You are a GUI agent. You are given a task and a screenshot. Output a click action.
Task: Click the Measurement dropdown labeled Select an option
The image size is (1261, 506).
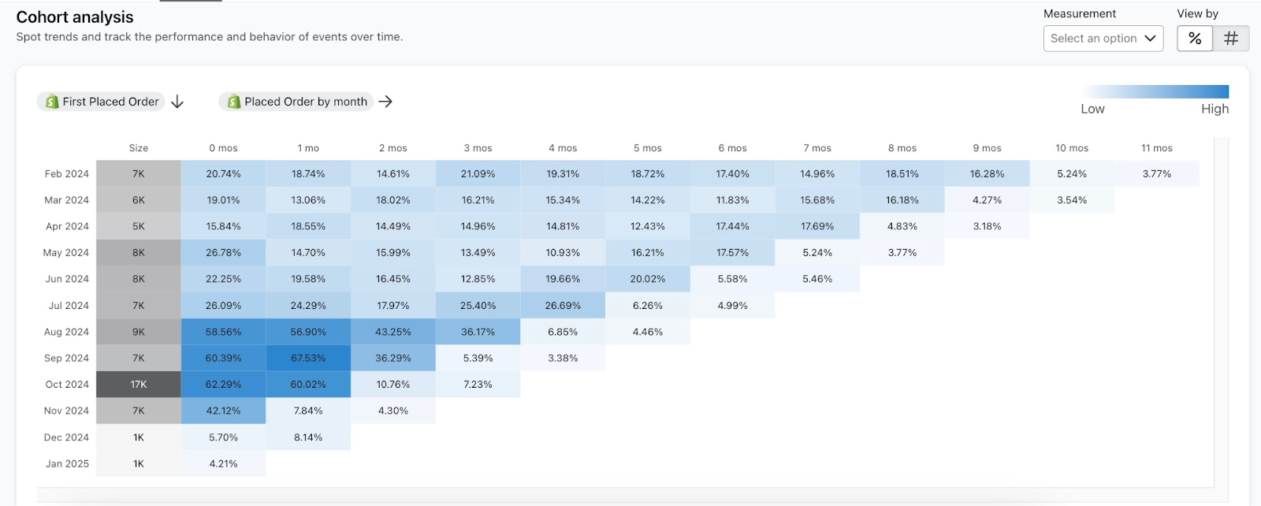pyautogui.click(x=1103, y=39)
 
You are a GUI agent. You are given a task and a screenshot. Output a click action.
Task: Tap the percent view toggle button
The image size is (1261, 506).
pyautogui.click(x=1195, y=39)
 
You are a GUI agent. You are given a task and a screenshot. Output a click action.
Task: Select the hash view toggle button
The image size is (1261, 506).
pyautogui.click(x=1231, y=39)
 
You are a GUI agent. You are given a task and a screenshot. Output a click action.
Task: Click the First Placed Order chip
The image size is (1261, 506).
pyautogui.click(x=102, y=102)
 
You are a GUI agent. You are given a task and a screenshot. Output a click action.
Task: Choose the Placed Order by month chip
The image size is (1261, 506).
pyautogui.click(x=296, y=102)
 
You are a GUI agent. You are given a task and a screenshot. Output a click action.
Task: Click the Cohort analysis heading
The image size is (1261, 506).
pyautogui.click(x=75, y=17)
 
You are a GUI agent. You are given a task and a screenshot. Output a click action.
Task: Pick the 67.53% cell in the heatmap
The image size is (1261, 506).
pyautogui.click(x=308, y=358)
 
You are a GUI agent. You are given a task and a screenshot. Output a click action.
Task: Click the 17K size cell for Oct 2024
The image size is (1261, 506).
pyautogui.click(x=139, y=385)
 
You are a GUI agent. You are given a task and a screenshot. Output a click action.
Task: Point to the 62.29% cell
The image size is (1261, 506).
pyautogui.click(x=224, y=385)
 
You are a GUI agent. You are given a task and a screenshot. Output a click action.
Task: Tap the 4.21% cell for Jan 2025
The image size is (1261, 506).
pyautogui.click(x=224, y=463)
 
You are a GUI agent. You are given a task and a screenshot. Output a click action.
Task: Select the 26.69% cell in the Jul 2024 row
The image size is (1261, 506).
pyautogui.click(x=563, y=305)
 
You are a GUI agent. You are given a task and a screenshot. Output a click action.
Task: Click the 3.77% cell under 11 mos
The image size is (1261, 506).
pyautogui.click(x=1157, y=173)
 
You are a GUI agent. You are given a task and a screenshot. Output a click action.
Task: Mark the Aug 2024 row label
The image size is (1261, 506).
pyautogui.click(x=66, y=332)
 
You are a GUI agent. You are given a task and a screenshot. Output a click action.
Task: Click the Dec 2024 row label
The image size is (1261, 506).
pyautogui.click(x=66, y=437)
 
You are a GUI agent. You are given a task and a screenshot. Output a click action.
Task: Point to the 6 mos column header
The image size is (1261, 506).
pyautogui.click(x=732, y=148)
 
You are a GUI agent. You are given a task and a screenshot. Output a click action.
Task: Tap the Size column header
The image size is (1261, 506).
pyautogui.click(x=139, y=148)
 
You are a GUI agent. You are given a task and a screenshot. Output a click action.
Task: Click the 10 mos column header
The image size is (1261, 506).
pyautogui.click(x=1072, y=148)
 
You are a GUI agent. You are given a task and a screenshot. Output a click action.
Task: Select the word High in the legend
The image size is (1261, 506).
pyautogui.click(x=1215, y=109)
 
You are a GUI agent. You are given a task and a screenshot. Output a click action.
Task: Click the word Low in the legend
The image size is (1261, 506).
pyautogui.click(x=1092, y=109)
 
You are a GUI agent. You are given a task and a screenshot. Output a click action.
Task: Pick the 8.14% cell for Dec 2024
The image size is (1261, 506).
pyautogui.click(x=308, y=437)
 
